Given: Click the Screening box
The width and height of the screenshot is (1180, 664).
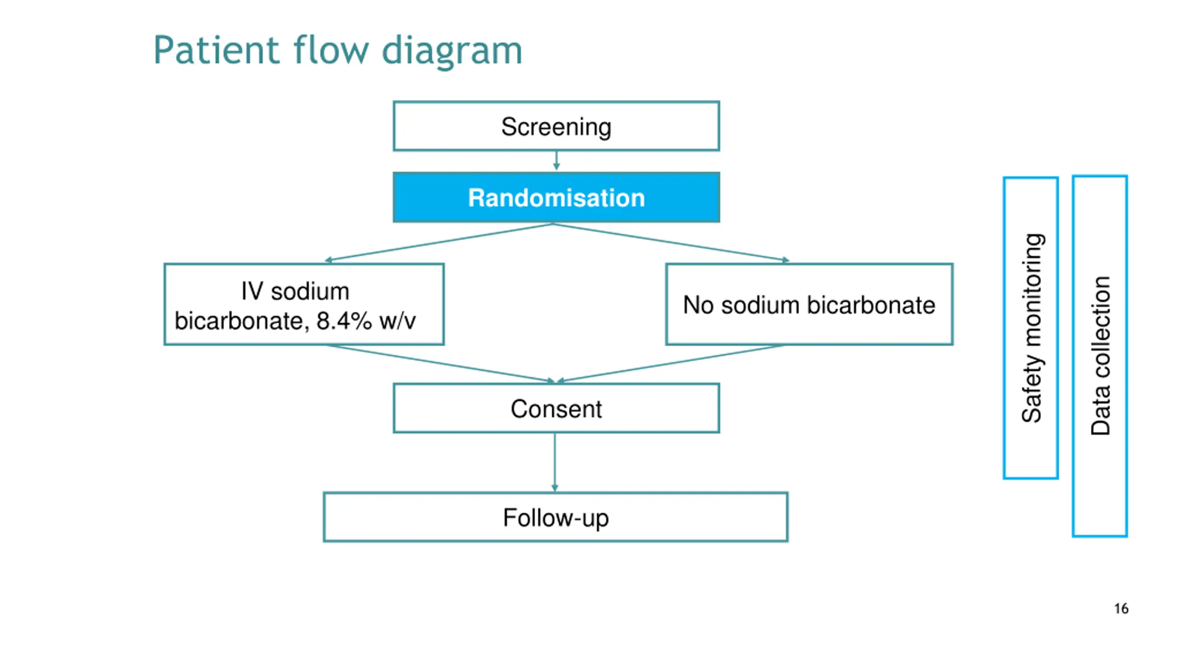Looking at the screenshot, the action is (556, 126).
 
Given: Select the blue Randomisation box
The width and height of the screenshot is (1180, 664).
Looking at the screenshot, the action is (556, 197).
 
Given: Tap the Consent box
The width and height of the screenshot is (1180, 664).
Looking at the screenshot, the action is (556, 408).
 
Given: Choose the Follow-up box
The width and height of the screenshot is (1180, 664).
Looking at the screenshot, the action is (555, 517).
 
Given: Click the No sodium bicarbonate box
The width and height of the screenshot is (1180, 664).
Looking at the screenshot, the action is (809, 304).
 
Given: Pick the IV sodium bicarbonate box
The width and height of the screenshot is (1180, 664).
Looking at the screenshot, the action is (304, 304).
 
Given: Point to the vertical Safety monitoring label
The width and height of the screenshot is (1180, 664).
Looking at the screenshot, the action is (1032, 328).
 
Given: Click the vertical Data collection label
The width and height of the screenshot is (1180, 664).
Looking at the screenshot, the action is (1101, 356).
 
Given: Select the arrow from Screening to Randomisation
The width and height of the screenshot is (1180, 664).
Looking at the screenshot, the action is (556, 161).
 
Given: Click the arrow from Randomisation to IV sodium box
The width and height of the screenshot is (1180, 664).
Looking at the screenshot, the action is (439, 243).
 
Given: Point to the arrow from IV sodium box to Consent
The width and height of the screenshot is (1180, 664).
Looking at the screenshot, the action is (441, 364).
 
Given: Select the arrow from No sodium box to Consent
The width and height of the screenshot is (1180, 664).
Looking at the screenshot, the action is (670, 364).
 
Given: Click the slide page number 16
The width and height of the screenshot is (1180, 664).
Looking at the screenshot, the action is (1121, 609).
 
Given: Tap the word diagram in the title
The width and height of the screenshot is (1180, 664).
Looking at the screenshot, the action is (452, 52).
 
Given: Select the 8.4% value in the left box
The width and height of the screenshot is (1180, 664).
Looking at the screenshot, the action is (344, 320).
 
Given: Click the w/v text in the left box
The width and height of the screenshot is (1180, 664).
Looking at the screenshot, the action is (397, 320).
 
